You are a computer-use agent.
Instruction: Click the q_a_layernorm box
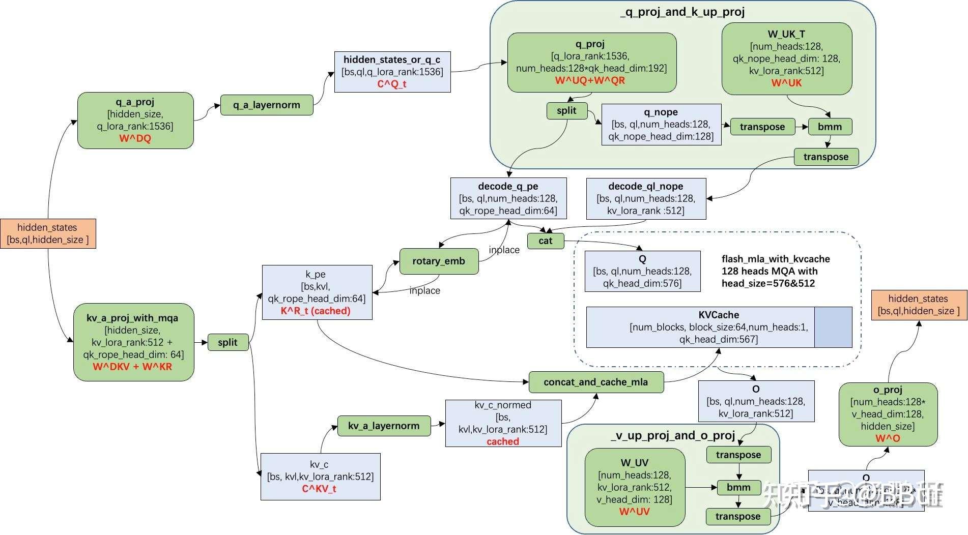coord(266,105)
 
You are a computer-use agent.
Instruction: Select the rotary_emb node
coord(438,261)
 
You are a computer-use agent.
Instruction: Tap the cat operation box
coord(545,241)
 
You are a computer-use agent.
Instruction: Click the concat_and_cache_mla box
coord(595,382)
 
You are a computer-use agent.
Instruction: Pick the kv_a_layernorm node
coord(384,426)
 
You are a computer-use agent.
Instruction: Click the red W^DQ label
coord(135,138)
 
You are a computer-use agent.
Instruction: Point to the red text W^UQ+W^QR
coord(590,80)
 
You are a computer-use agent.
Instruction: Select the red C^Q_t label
coord(391,84)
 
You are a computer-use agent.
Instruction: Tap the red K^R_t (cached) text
coord(316,311)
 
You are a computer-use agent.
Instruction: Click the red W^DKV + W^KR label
coord(132,367)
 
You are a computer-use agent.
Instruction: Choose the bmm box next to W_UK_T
coord(830,127)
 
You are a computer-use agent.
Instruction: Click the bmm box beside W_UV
coord(738,487)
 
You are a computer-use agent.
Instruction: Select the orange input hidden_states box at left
coord(48,233)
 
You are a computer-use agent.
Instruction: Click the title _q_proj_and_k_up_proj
coord(682,12)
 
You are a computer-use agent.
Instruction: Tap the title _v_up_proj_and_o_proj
coord(672,435)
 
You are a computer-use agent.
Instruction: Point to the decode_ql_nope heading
coord(645,186)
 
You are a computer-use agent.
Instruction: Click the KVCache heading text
coord(718,315)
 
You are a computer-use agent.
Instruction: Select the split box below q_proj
coord(566,111)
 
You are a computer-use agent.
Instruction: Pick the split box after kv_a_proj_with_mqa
coord(227,342)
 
